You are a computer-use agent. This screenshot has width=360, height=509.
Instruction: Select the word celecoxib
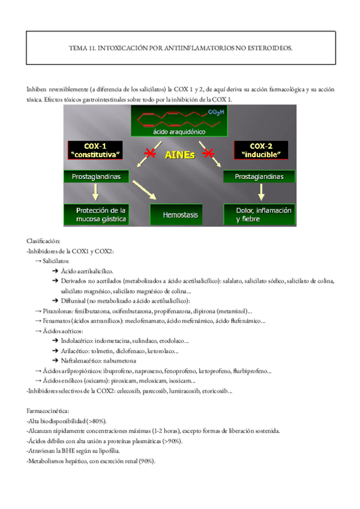pos(125,391)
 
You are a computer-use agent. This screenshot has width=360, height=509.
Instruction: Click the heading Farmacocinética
pos(49,412)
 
